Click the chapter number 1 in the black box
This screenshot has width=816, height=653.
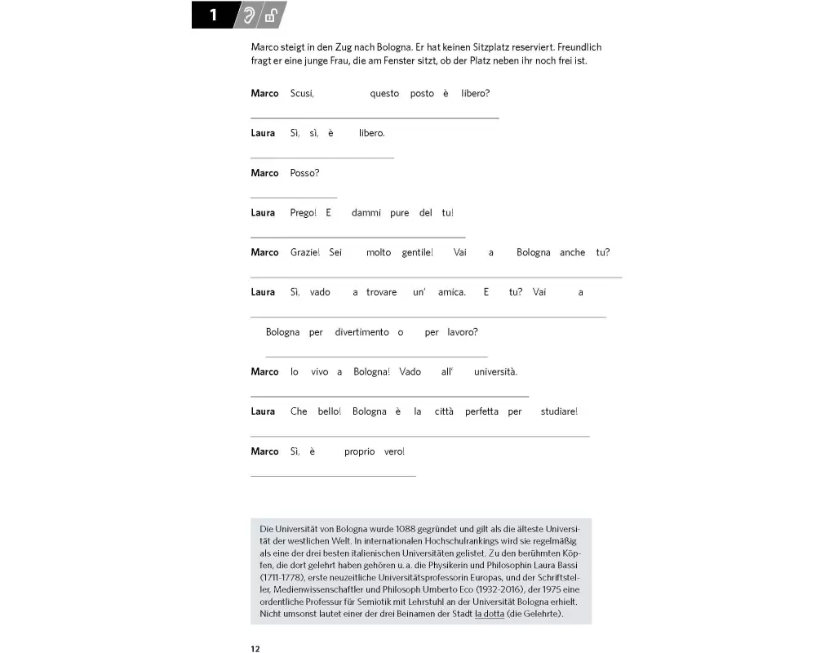coord(213,16)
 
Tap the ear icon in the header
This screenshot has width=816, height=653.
coord(248,16)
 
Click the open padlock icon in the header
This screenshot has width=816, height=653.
coord(270,16)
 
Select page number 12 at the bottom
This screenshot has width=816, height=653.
coord(255,649)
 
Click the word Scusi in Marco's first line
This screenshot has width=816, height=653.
coord(302,94)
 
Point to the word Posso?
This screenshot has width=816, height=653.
coord(304,173)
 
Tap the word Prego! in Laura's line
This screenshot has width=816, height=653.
coord(303,213)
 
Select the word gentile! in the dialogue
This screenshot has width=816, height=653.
coord(417,253)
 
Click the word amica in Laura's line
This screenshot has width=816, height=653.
coord(451,292)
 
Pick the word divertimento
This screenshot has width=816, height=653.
coord(361,332)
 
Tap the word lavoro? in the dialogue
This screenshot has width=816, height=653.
coord(463,332)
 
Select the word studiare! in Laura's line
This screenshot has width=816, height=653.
coord(559,411)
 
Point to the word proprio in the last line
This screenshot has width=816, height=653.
coord(359,451)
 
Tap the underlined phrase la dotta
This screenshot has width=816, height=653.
coord(490,613)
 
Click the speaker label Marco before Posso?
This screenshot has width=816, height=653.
coord(264,173)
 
